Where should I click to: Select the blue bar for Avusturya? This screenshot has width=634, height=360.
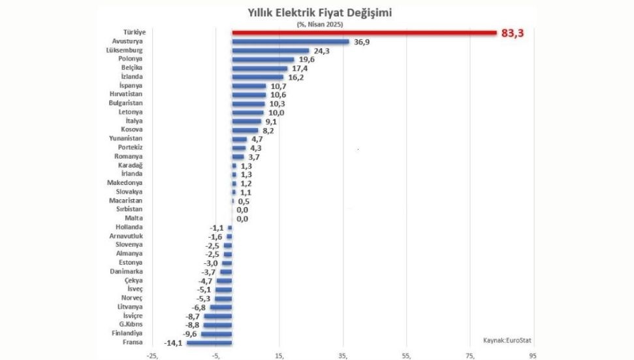pyautogui.click(x=291, y=41)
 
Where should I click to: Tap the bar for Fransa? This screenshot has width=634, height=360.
pyautogui.click(x=210, y=342)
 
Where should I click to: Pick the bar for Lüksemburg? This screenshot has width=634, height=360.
pyautogui.click(x=271, y=50)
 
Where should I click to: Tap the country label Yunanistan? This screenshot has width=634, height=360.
pyautogui.click(x=125, y=139)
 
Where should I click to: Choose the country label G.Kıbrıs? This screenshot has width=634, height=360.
pyautogui.click(x=129, y=324)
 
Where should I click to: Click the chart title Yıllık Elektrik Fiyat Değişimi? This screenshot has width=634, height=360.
pyautogui.click(x=319, y=12)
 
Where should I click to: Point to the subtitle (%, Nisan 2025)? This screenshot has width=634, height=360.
pyautogui.click(x=319, y=24)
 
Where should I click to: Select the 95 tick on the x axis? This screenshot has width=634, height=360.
pyautogui.click(x=533, y=355)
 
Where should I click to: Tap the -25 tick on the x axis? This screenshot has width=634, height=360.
pyautogui.click(x=152, y=355)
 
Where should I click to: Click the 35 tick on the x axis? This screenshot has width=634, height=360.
pyautogui.click(x=343, y=355)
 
